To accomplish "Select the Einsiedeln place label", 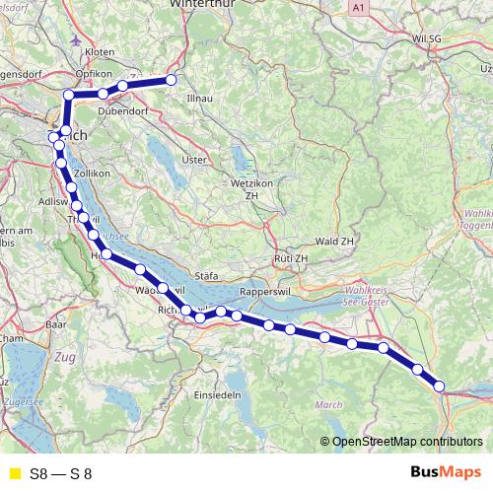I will coord(217,394).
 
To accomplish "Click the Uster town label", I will coord(194,159).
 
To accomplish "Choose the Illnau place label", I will coord(200,99).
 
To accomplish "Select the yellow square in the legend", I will coord(13,473).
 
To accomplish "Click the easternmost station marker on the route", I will coord(439,387).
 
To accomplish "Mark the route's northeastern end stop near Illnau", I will coord(171,79).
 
